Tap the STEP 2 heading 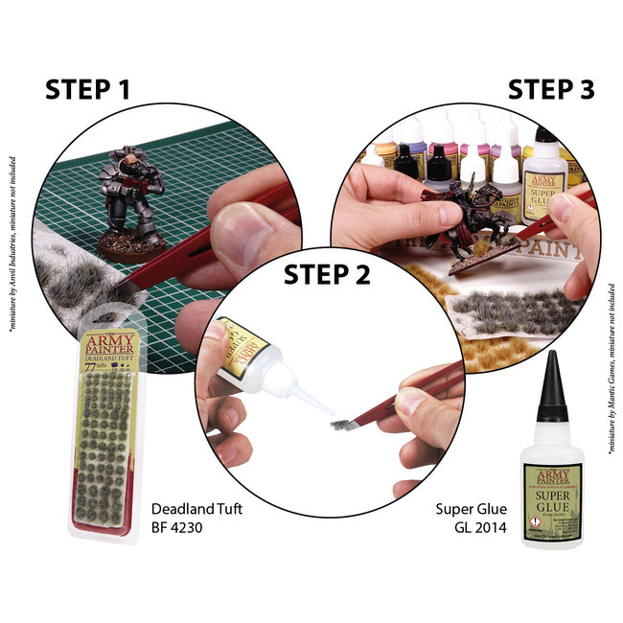pyautogui.click(x=327, y=275)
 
